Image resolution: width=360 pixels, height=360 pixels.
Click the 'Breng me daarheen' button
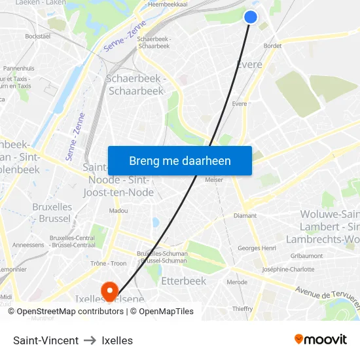coord(179,160)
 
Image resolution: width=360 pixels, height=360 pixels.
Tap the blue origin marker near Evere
coord(251,17)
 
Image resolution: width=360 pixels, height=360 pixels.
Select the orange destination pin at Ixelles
coord(109,289)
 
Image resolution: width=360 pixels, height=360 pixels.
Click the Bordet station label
coord(272,46)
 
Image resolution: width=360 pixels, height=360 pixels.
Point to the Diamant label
coord(245,215)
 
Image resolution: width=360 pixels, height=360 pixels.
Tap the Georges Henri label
coord(257,248)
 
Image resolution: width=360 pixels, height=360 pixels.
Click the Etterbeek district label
coord(183,281)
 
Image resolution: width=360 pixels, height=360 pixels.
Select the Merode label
coord(236,282)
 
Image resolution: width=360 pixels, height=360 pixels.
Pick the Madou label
coord(118,211)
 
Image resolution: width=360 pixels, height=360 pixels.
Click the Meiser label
coord(214,179)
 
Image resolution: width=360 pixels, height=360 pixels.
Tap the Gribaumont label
coord(306,256)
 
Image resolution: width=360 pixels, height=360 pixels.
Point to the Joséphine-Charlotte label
coord(288,269)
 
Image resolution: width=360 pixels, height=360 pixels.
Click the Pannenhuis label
coord(19,68)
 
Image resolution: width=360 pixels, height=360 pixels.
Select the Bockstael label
coord(37,37)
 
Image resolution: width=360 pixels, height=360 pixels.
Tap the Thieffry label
coord(242,309)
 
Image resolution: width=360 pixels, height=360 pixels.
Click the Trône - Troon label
coord(108,263)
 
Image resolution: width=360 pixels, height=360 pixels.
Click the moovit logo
coord(320,340)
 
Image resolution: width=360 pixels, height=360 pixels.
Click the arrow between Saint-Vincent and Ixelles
coord(90,340)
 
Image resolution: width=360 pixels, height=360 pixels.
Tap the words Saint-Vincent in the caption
coord(46,340)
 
